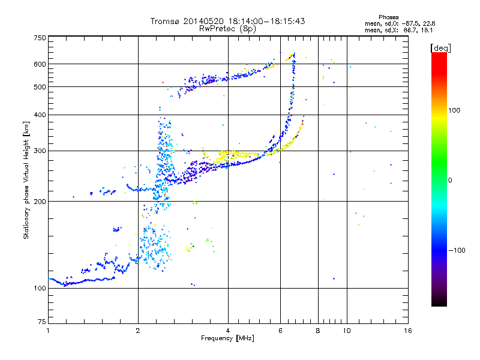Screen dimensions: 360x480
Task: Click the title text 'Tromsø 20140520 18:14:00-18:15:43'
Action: coord(227,21)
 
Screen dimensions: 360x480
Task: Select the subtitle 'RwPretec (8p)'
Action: coord(227,28)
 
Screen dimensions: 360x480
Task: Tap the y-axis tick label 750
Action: coord(40,38)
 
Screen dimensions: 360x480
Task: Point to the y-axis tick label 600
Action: coord(40,64)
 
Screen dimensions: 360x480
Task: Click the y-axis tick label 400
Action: coord(40,115)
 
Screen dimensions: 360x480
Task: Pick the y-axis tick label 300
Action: coord(40,151)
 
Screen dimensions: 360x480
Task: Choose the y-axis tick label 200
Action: coord(40,202)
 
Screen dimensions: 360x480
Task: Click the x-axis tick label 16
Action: coord(407,331)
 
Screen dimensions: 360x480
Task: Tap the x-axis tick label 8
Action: coord(318,331)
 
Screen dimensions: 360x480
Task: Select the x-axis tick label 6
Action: coord(280,331)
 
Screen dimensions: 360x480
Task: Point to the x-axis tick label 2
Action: coord(138,331)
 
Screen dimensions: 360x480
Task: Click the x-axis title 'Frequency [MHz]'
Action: coord(227,338)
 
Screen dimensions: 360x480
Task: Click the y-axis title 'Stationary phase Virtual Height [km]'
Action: coord(26,180)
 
